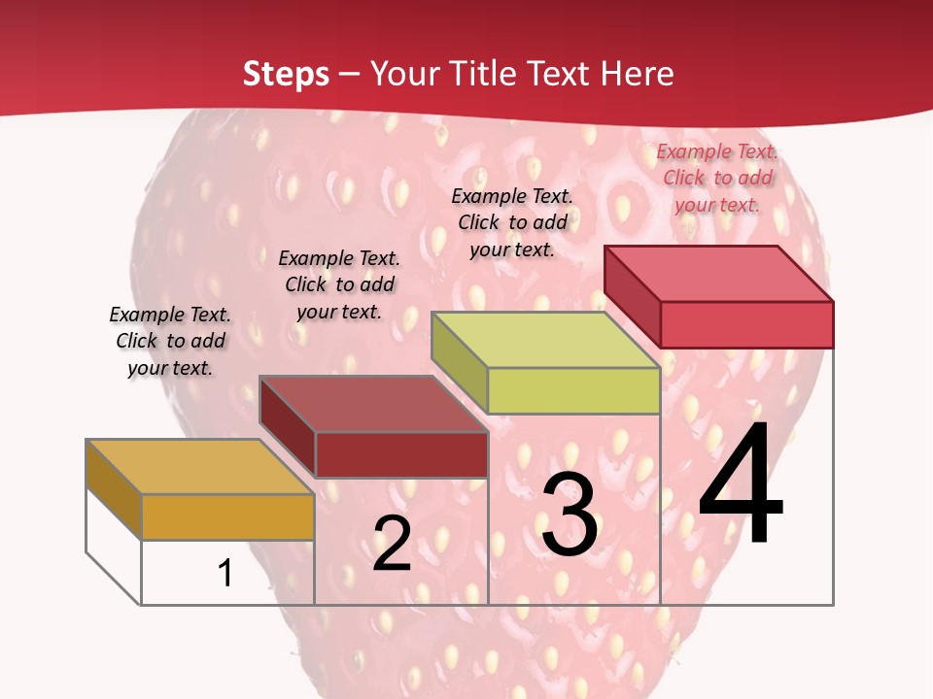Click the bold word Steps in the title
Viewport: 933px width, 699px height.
pos(286,74)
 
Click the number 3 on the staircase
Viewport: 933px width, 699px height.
pos(570,515)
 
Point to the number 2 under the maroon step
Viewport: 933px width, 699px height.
pos(392,544)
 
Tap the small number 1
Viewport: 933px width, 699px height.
pos(225,573)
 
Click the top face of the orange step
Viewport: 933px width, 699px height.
pos(199,467)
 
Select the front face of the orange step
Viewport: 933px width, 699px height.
pos(227,516)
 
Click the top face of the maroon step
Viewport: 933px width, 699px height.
pos(373,404)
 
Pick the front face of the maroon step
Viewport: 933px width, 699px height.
pos(401,454)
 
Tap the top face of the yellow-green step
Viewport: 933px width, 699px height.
pos(545,340)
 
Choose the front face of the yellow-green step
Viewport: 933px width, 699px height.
pos(573,390)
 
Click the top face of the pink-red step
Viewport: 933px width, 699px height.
pos(718,274)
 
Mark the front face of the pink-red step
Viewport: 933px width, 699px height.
pos(746,324)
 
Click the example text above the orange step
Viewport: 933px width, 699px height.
pos(170,341)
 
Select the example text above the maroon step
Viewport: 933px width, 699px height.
pos(339,284)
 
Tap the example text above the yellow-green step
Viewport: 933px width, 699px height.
pos(512,222)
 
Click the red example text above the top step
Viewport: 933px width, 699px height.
pos(717,178)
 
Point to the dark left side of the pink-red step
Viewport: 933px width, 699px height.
pos(632,296)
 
